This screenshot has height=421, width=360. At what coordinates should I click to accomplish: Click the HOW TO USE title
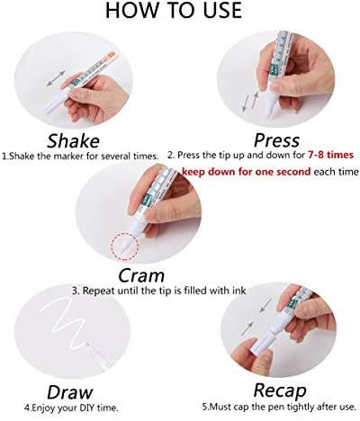[x=174, y=10]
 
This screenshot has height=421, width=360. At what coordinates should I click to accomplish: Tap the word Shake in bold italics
[x=73, y=141]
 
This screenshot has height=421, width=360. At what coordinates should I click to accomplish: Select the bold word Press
[x=276, y=140]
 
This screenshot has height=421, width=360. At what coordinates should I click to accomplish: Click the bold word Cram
[x=141, y=275]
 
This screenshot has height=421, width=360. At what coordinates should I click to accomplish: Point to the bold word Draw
[x=69, y=392]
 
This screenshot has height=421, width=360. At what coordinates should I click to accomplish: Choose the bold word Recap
[x=280, y=390]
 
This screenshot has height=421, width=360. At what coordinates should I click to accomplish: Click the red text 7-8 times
[x=330, y=155]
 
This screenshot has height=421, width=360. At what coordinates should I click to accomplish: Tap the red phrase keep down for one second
[x=246, y=172]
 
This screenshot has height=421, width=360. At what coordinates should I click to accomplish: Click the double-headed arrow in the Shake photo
[x=56, y=78]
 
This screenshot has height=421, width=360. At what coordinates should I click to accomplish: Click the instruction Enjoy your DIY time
[x=71, y=408]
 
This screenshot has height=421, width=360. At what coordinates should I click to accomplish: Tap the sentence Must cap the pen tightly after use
[x=279, y=408]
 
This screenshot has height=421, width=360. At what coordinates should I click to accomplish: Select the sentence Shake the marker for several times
[x=80, y=157]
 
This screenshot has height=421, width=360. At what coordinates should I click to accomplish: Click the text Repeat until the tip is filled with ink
[x=158, y=291]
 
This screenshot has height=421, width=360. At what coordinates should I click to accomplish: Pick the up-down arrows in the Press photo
[x=250, y=102]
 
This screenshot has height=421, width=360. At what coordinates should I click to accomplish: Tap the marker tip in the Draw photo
[x=88, y=345]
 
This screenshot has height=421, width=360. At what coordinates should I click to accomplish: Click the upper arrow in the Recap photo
[x=265, y=306]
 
